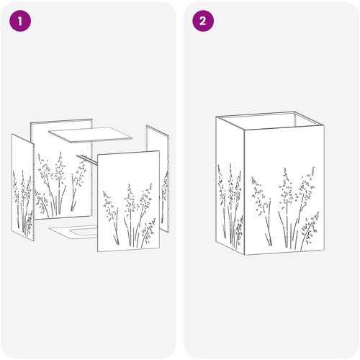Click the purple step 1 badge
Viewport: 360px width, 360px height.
[20, 21]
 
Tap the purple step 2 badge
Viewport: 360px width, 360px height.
[203, 21]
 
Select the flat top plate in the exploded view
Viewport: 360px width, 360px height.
[91, 135]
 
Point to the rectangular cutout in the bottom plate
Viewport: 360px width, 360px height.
[84, 232]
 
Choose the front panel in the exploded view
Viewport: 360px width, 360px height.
[128, 201]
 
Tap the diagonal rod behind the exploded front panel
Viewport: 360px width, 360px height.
[87, 159]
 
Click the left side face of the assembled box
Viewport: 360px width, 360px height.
[230, 185]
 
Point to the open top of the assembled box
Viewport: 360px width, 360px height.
[270, 120]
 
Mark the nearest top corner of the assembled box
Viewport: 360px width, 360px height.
[244, 130]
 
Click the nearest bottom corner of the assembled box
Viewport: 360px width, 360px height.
[244, 255]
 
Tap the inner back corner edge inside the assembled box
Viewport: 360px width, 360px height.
[294, 119]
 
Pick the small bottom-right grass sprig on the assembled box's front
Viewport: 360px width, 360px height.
[310, 229]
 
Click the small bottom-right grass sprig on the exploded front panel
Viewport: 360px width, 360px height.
[148, 233]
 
